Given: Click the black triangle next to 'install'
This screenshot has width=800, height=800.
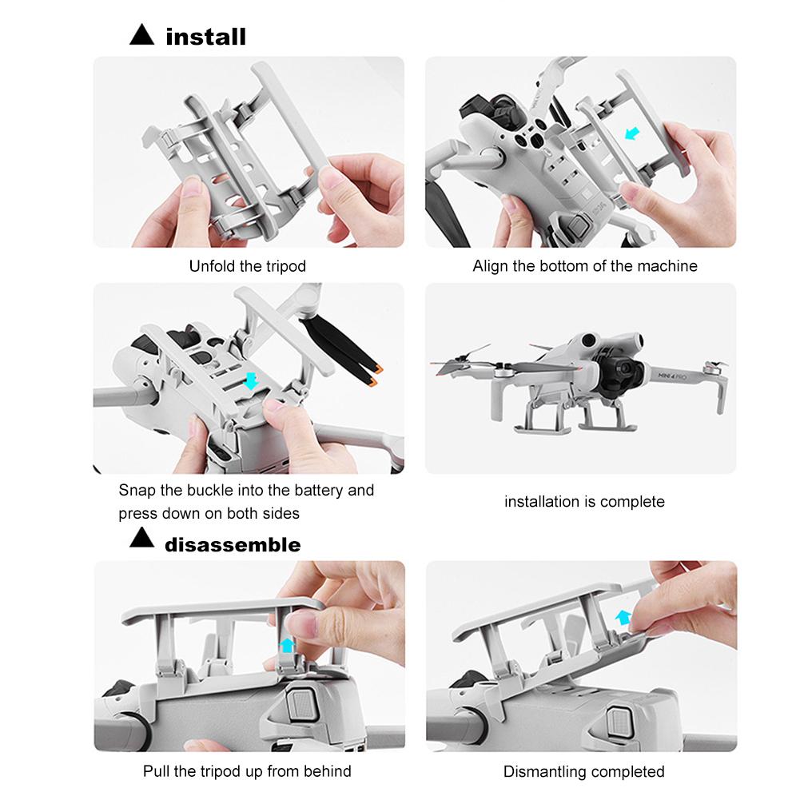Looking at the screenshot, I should (x=141, y=35).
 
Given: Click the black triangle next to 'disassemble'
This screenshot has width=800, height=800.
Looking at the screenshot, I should (x=141, y=543).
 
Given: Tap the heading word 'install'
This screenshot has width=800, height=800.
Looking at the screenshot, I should (x=205, y=36).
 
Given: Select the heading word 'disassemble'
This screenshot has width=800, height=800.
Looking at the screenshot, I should (x=233, y=545).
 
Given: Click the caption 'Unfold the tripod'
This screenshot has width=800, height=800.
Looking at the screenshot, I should (x=247, y=266).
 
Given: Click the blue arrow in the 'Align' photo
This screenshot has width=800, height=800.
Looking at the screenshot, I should (x=632, y=130).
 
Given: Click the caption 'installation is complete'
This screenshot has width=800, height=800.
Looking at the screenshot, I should (x=584, y=502).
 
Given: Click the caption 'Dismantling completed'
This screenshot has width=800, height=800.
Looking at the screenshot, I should (x=583, y=771).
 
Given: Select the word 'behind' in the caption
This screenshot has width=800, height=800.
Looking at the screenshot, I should (x=328, y=771).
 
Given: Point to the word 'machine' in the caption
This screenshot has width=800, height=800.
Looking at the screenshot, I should (x=667, y=266).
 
